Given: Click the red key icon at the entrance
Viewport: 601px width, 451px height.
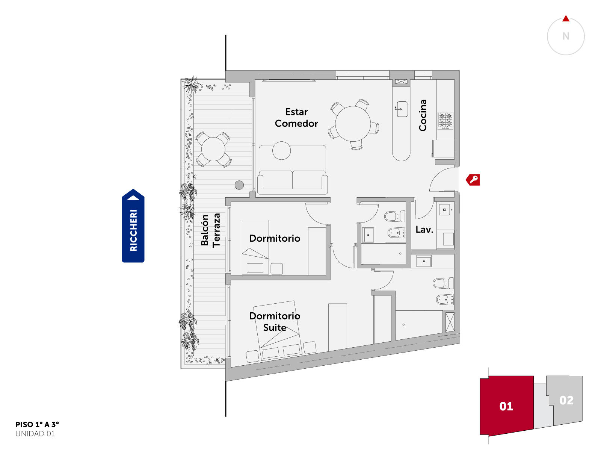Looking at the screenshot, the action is click(x=473, y=180).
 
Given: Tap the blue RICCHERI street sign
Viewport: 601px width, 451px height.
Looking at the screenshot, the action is click(x=133, y=225).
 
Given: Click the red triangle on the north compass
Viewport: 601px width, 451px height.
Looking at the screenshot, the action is click(x=566, y=19).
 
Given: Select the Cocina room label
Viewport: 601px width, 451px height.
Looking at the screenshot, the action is click(x=423, y=115).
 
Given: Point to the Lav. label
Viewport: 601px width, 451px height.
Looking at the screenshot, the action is click(x=424, y=230).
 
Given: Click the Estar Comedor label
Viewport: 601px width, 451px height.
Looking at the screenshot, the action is click(x=296, y=118).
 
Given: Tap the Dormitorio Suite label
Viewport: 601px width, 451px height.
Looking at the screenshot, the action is click(x=275, y=321).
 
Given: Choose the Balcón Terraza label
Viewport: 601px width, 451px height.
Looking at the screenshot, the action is click(x=210, y=230).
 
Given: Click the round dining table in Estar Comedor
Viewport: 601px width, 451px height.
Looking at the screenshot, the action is click(x=353, y=124).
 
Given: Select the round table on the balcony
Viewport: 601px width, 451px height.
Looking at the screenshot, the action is click(x=213, y=149).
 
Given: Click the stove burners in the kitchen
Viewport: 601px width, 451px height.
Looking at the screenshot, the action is click(x=445, y=121).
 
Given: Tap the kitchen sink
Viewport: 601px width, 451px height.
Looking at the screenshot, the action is click(x=402, y=109).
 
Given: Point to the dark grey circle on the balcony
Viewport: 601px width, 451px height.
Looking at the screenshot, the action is click(x=239, y=185).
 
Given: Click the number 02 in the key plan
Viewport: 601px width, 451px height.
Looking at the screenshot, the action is click(x=566, y=400).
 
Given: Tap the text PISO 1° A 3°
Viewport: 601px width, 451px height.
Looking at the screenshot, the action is click(x=37, y=424).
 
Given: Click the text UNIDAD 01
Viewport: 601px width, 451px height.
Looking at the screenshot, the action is click(x=35, y=434).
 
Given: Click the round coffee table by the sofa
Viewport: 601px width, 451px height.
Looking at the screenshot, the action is click(x=281, y=151).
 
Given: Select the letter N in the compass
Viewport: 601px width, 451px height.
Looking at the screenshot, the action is click(x=566, y=36).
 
